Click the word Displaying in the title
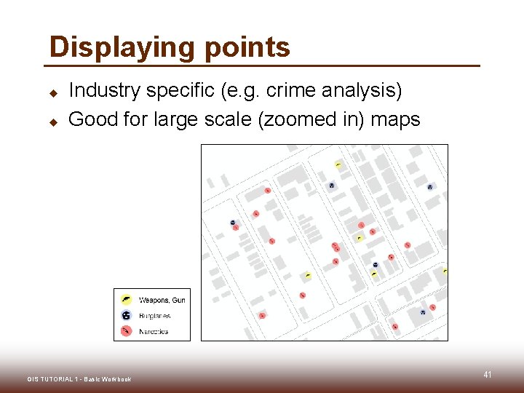(x=118, y=47)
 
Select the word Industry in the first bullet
(x=104, y=91)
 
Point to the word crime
(x=291, y=91)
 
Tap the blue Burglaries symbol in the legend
(x=126, y=315)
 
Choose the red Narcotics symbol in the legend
(x=126, y=331)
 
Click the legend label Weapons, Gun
(x=162, y=300)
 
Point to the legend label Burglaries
(x=154, y=316)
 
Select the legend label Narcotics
(x=153, y=331)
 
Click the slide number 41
(x=487, y=375)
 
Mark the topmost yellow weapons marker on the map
(x=338, y=164)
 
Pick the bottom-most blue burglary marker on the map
(x=422, y=312)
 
